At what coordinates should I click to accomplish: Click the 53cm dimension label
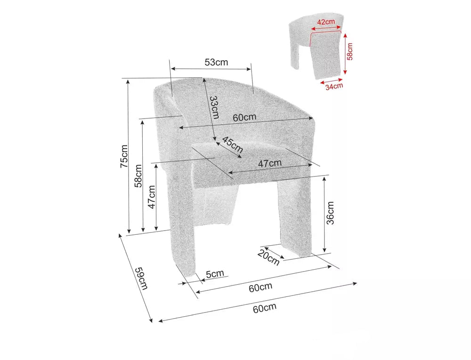216,62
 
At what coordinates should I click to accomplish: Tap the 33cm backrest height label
214,107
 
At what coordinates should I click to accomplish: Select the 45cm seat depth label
233,144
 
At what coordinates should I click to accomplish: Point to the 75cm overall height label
124,156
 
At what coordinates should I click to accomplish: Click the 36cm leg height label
330,213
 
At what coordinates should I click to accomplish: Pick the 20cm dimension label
268,257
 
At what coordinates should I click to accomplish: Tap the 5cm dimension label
215,273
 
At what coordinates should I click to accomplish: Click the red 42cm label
326,22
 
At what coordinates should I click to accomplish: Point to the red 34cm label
334,87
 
